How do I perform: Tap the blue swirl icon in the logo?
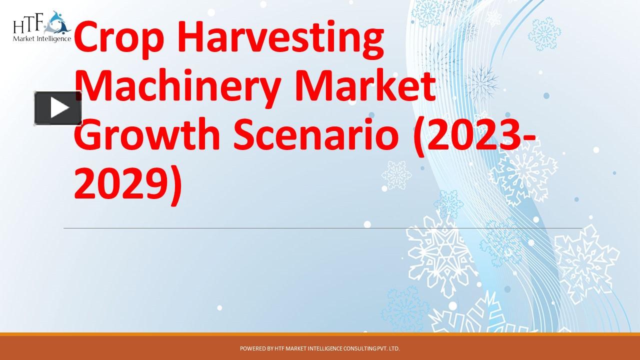[59, 21]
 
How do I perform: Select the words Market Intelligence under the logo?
[42, 38]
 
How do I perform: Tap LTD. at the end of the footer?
[394, 348]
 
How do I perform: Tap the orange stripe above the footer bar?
[320, 334]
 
